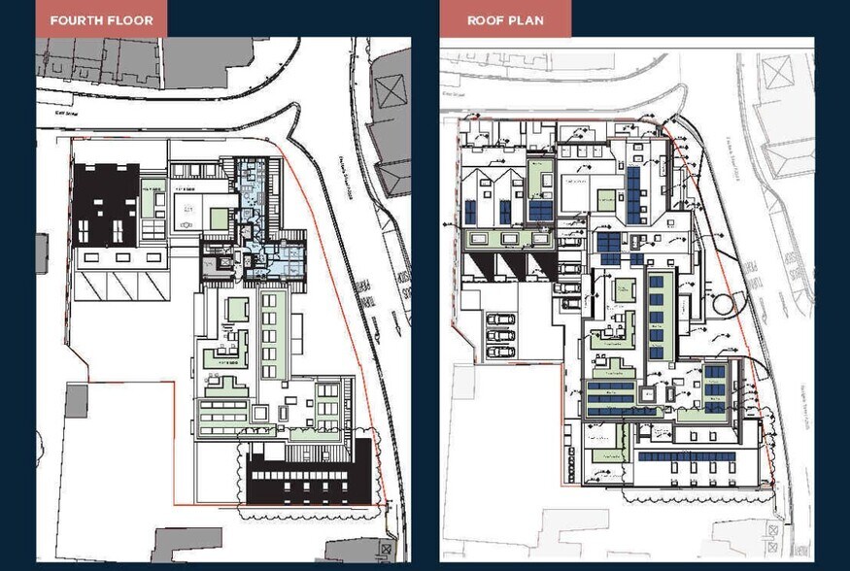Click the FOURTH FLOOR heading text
coord(101,19)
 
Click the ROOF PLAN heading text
coord(505,19)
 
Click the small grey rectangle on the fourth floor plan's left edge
coord(42,252)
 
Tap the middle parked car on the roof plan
coord(499,336)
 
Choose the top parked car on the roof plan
coord(499,319)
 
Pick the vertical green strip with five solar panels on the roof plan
coord(656,317)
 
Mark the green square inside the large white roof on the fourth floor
coord(220,219)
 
